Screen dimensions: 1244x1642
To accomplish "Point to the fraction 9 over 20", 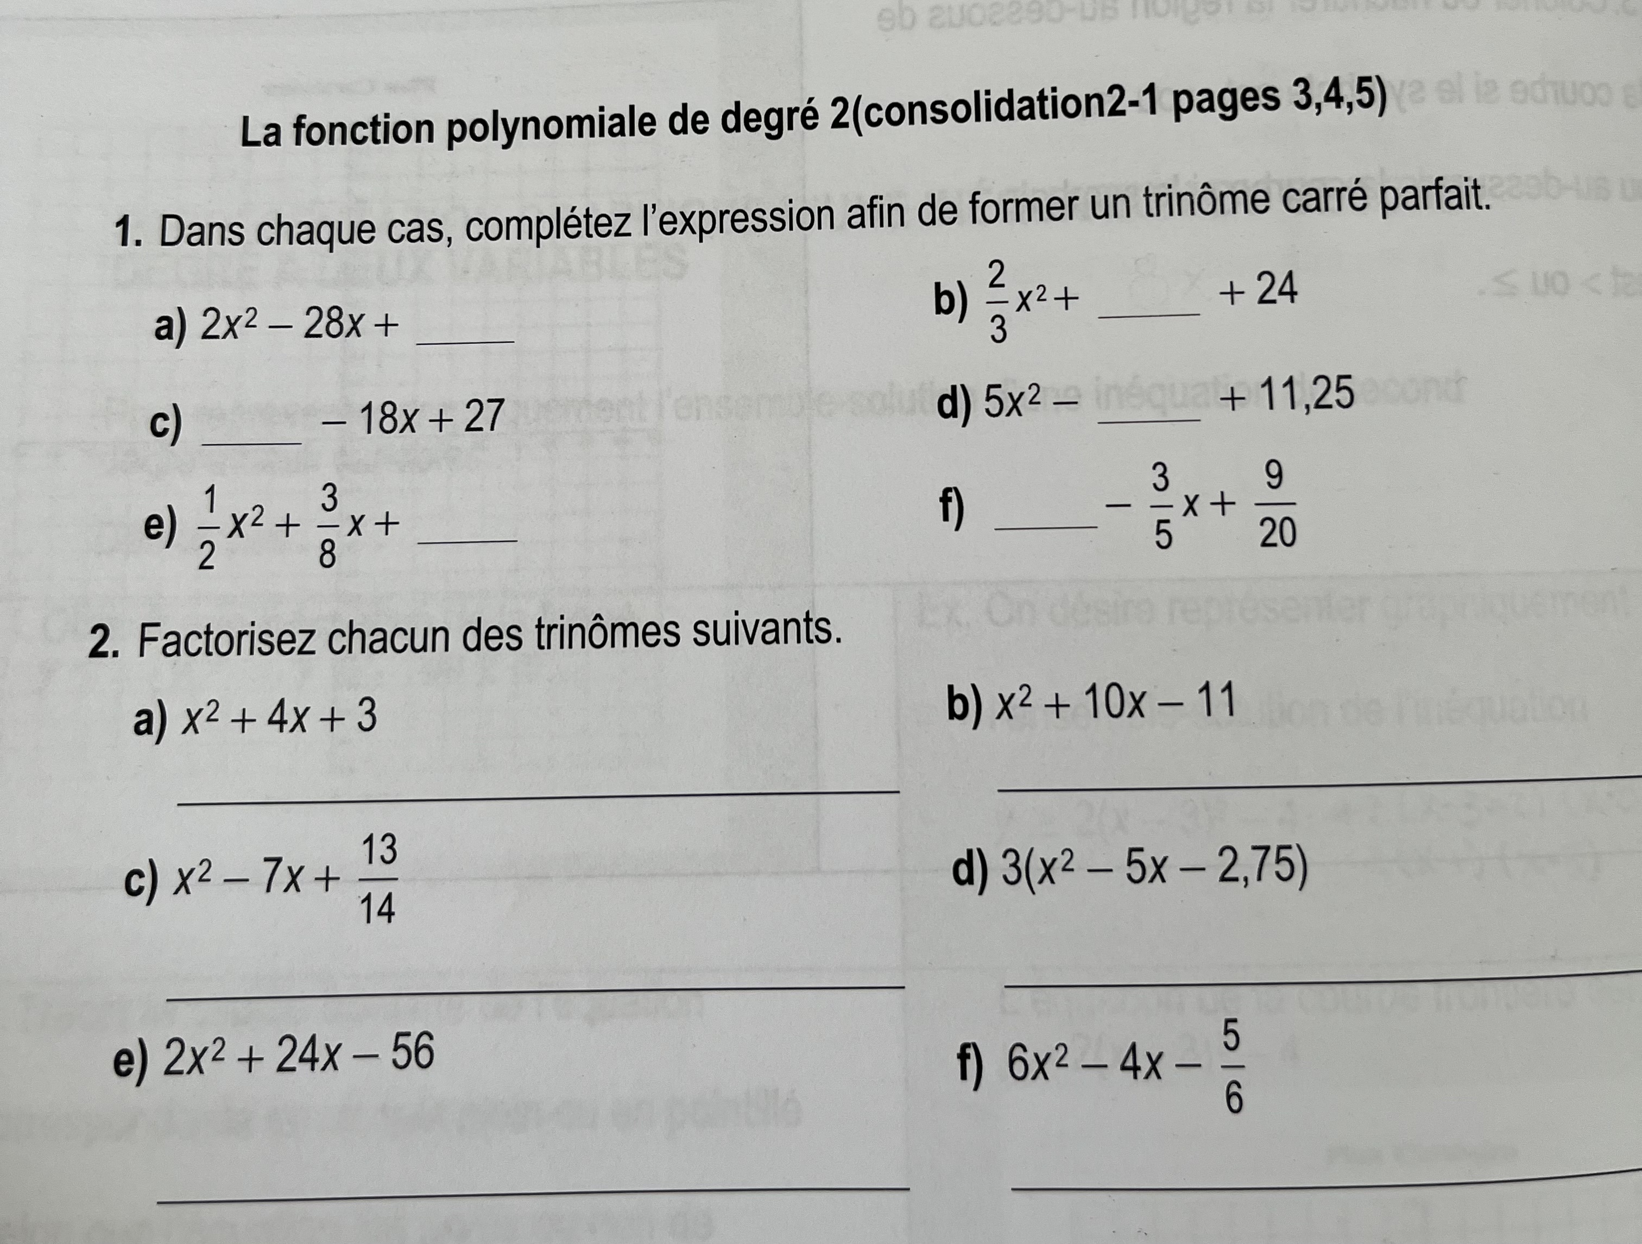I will click(1276, 505).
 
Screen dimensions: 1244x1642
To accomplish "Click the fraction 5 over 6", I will click(1232, 1069).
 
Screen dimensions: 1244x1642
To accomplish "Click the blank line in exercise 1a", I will click(466, 340).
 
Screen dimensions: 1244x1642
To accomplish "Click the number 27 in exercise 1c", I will click(484, 416).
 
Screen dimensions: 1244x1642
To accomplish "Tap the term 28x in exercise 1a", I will click(332, 324).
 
